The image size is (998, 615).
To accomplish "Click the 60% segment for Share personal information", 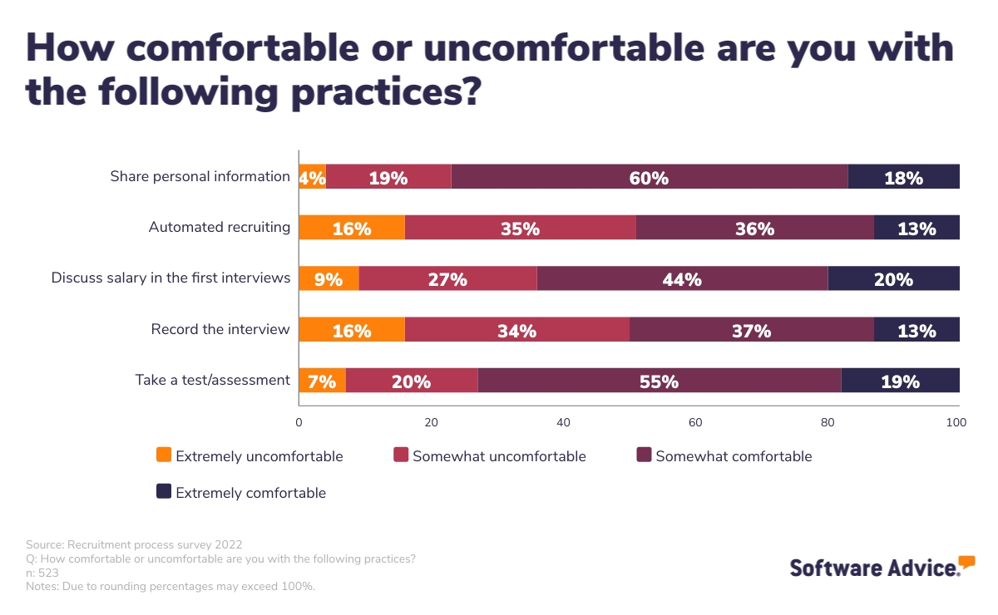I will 649,177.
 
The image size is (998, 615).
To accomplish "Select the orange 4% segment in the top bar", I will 312,177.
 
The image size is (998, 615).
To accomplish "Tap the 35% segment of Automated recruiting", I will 520,228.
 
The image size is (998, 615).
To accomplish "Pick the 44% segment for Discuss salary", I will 682,279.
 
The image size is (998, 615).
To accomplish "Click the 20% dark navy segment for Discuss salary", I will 893,279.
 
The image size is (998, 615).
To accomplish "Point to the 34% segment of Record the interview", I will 516,330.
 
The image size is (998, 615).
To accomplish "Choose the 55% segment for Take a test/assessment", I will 659,381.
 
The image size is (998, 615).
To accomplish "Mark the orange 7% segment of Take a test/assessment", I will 322,381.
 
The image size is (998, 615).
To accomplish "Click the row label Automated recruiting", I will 220,227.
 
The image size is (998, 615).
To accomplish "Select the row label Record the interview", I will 220,329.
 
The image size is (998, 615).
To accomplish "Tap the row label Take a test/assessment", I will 213,380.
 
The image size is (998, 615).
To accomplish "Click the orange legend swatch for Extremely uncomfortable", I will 164,455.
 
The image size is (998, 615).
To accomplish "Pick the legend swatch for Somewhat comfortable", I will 644,455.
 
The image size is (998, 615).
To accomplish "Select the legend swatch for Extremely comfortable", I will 164,491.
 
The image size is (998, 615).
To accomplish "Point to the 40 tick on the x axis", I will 563,422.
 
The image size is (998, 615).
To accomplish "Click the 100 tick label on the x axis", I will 956,422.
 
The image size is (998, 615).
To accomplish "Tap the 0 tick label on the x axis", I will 299,422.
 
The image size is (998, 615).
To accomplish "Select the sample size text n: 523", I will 42,573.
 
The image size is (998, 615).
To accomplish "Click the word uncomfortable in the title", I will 565,48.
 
